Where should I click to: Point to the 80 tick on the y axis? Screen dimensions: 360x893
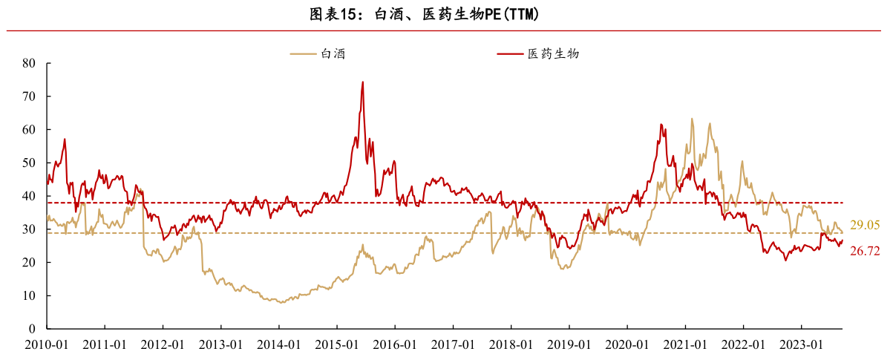[x=29, y=64]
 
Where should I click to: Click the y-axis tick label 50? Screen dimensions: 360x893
[x=29, y=163]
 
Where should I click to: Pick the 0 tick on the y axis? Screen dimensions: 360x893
[x=32, y=329]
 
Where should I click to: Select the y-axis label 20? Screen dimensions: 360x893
[x=29, y=263]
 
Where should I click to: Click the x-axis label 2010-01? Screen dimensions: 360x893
[x=46, y=345]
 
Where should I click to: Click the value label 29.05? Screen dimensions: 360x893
[x=865, y=225]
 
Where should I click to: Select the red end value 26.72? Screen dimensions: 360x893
[x=865, y=252]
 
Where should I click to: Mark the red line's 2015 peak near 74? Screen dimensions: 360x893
[x=362, y=82]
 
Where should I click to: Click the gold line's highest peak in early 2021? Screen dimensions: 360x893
[x=692, y=119]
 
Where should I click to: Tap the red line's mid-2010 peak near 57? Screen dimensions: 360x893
[x=65, y=140]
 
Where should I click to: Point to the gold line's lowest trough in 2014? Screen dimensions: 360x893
[x=281, y=303]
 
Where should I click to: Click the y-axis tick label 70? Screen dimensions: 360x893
[x=29, y=96]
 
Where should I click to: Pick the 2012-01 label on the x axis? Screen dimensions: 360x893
[x=163, y=345]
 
